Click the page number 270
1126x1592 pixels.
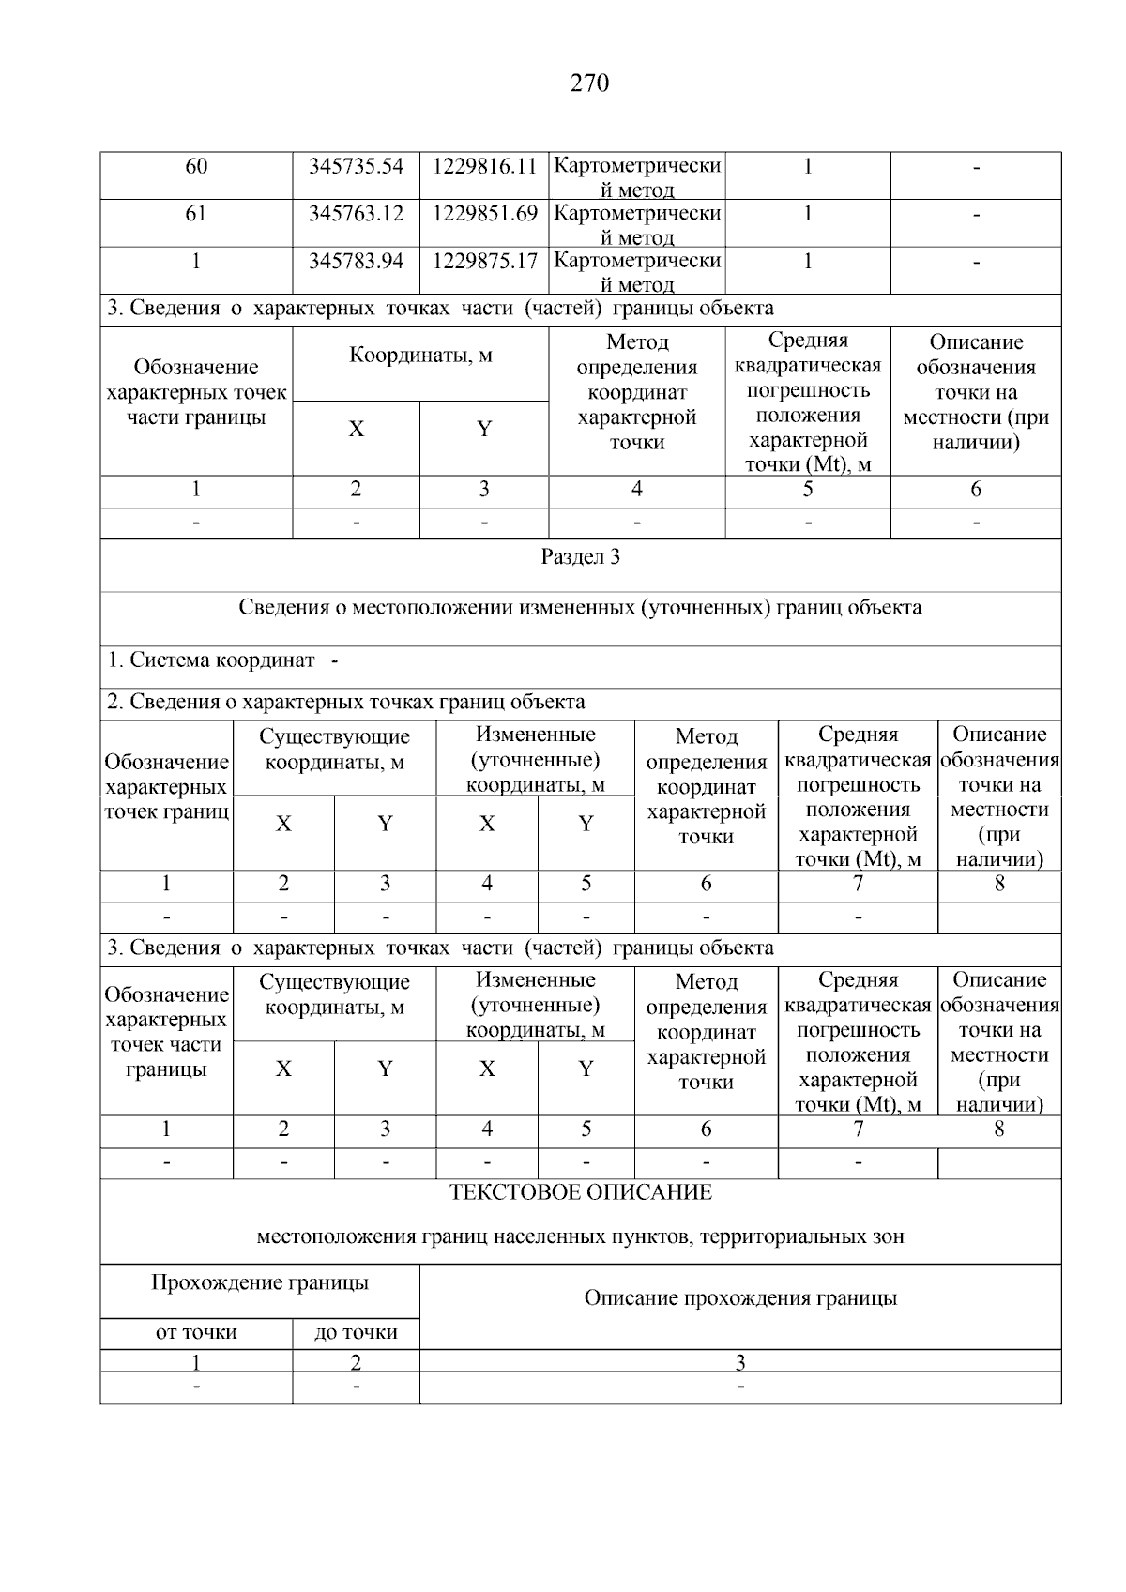click(x=589, y=84)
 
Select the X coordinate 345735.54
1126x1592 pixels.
click(x=356, y=167)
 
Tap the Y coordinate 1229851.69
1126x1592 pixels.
click(x=484, y=214)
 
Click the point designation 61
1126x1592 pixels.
click(x=196, y=214)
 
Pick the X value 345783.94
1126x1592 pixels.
click(x=356, y=261)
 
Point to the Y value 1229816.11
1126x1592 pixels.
click(x=484, y=167)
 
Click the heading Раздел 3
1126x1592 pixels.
click(x=580, y=557)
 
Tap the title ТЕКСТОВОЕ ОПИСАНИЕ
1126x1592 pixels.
click(x=580, y=1193)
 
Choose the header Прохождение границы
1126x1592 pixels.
click(x=260, y=1283)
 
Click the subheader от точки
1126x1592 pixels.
click(x=196, y=1333)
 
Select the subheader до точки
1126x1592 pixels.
click(x=356, y=1333)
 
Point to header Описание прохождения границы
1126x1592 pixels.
click(x=740, y=1298)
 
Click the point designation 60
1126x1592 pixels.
click(x=196, y=167)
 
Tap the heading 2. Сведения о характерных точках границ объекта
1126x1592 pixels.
click(x=345, y=703)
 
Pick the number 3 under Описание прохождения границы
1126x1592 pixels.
click(x=740, y=1362)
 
